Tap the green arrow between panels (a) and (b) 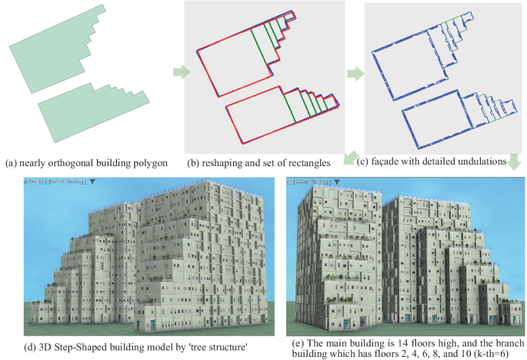(x=178, y=72)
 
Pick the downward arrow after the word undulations (x=514, y=162)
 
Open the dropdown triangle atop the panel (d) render (x=92, y=182)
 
